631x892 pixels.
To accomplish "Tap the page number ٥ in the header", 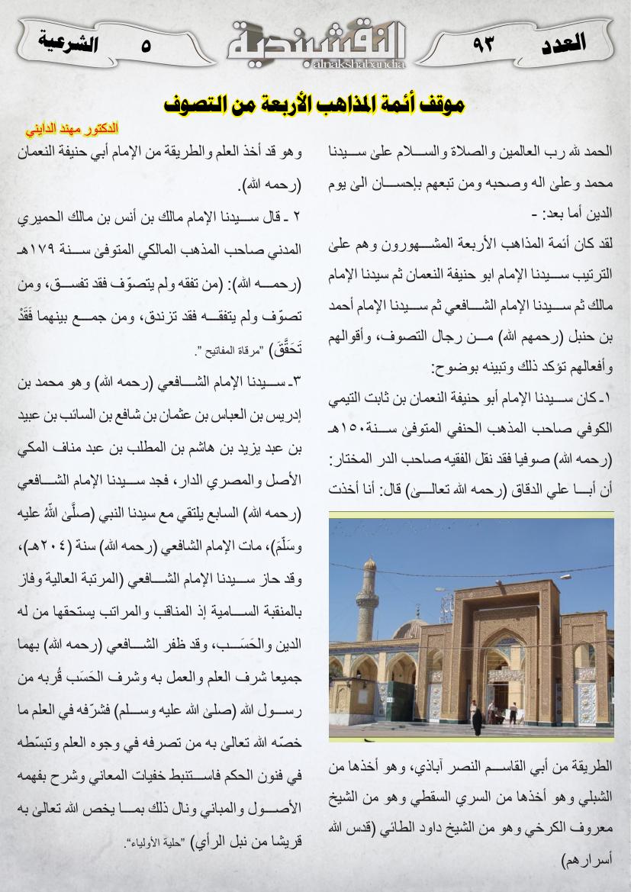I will [x=145, y=44].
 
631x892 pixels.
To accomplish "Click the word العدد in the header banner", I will [x=562, y=42].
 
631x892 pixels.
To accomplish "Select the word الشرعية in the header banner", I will [x=68, y=42].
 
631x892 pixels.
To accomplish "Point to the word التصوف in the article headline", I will [x=201, y=103].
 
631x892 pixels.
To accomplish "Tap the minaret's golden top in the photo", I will [x=369, y=565].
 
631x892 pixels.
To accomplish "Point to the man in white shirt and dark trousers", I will [x=513, y=713].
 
